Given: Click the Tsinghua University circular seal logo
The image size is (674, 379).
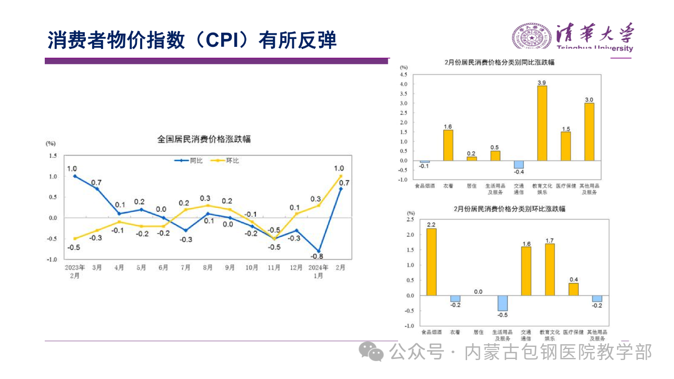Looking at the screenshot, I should [x=532, y=37].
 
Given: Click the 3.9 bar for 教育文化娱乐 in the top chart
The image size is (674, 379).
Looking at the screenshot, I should [x=542, y=123].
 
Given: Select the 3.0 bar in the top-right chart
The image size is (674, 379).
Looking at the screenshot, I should [x=589, y=132].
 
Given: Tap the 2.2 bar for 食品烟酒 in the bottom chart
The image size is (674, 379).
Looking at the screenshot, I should [x=431, y=262].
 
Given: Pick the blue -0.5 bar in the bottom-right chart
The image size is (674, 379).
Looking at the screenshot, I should [x=502, y=303].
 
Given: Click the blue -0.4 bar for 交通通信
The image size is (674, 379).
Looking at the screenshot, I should [x=519, y=164].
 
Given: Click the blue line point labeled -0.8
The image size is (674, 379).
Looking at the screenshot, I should [x=319, y=251].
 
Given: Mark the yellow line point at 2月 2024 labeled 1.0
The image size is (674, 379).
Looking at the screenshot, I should [x=341, y=176].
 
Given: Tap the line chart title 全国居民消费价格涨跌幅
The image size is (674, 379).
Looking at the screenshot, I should [x=204, y=139].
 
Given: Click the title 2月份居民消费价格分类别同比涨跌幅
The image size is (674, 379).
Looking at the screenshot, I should [x=499, y=62].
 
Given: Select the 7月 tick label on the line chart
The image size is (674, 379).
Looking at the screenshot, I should [x=185, y=267].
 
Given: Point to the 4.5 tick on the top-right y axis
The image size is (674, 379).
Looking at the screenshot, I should [x=404, y=74].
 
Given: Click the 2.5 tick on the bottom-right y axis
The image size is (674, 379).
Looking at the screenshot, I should [x=410, y=219].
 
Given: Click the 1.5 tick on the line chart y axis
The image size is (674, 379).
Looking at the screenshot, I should [x=53, y=156].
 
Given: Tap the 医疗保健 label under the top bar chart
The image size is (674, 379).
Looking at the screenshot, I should [x=566, y=186].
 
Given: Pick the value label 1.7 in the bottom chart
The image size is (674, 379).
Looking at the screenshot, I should [x=550, y=240].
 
